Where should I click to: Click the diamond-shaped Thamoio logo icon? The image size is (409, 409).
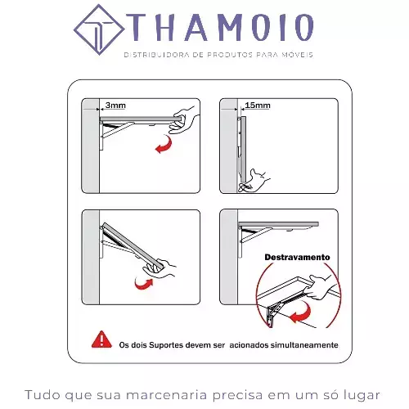pyautogui.click(x=99, y=29)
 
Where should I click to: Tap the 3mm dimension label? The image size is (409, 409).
pyautogui.click(x=115, y=105)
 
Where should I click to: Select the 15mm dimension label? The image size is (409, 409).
pyautogui.click(x=258, y=105)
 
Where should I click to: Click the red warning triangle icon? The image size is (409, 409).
pyautogui.click(x=101, y=339)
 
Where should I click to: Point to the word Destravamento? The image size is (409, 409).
pyautogui.click(x=297, y=257)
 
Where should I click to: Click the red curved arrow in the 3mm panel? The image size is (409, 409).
pyautogui.click(x=164, y=144)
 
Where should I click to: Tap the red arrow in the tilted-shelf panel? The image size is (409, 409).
pyautogui.click(x=144, y=284)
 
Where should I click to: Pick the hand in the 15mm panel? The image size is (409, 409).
pyautogui.click(x=254, y=181)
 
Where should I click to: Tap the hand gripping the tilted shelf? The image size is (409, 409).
pyautogui.click(x=160, y=268)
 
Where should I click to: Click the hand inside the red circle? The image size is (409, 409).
pyautogui.click(x=323, y=287)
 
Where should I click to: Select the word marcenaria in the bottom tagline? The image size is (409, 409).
pyautogui.click(x=167, y=395)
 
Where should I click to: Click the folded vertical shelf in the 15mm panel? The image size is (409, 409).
pyautogui.click(x=242, y=149)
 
